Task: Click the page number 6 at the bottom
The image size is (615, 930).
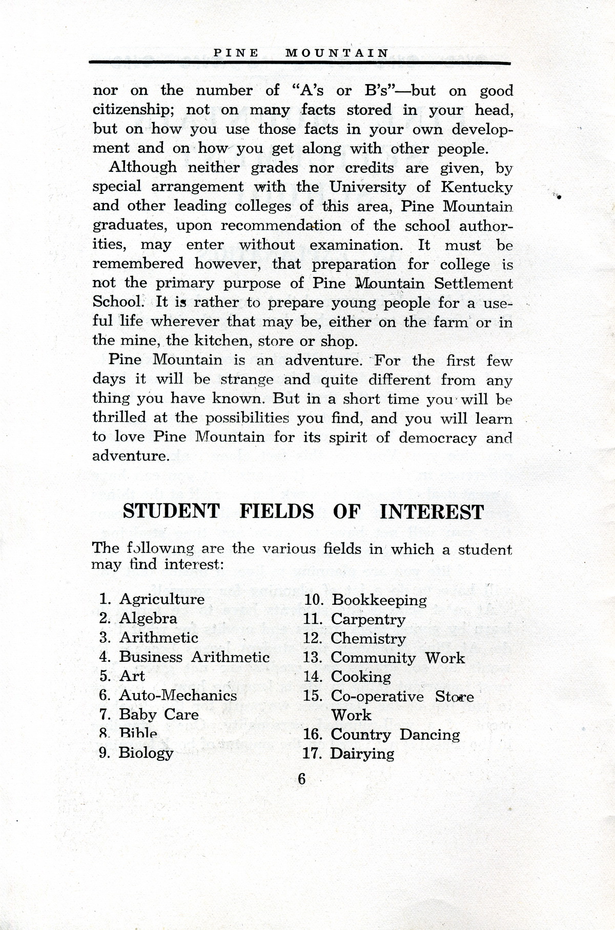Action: (x=301, y=779)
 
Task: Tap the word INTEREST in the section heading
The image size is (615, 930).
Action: (x=432, y=512)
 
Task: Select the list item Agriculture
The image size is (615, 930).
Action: (x=162, y=599)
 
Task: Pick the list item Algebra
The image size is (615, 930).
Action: (x=148, y=619)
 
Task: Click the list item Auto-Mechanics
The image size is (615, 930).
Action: (x=178, y=696)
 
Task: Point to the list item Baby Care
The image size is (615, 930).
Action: (x=158, y=715)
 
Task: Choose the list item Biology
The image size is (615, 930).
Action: (x=146, y=753)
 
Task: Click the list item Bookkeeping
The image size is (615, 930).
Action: (x=379, y=600)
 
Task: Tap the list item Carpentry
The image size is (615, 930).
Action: (x=368, y=620)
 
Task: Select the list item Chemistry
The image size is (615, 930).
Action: (x=368, y=639)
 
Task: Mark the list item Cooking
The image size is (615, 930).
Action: (x=361, y=677)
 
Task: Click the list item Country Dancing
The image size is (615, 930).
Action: (x=395, y=735)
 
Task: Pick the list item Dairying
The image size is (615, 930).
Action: (x=362, y=754)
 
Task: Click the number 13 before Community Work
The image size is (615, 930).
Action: (x=313, y=658)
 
